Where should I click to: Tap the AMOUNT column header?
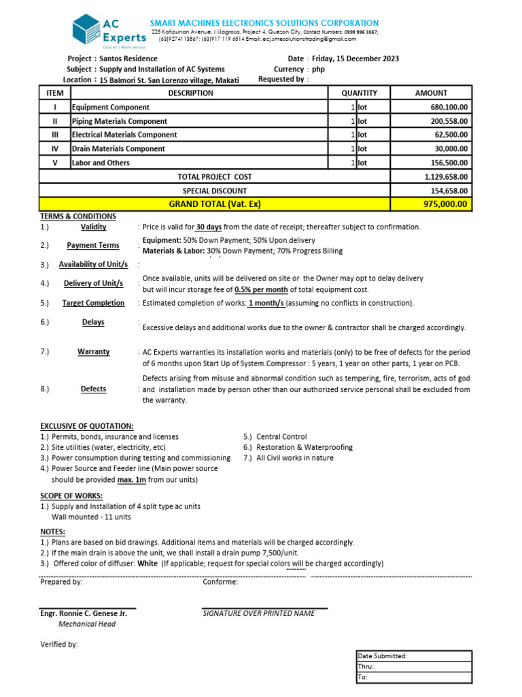click(x=431, y=93)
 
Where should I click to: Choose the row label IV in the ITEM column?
click(x=55, y=148)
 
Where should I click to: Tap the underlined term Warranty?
click(x=94, y=352)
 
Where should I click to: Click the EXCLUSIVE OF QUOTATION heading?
click(x=86, y=425)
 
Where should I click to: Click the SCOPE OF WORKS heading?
click(x=71, y=496)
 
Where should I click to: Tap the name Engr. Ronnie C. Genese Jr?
click(x=84, y=613)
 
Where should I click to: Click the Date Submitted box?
click(x=414, y=656)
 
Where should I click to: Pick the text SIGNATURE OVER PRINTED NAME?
click(x=259, y=613)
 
